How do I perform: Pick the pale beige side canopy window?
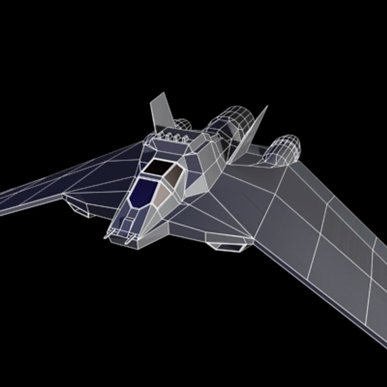163,195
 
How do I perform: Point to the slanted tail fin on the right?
251,134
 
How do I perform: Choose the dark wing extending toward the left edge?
72,179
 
